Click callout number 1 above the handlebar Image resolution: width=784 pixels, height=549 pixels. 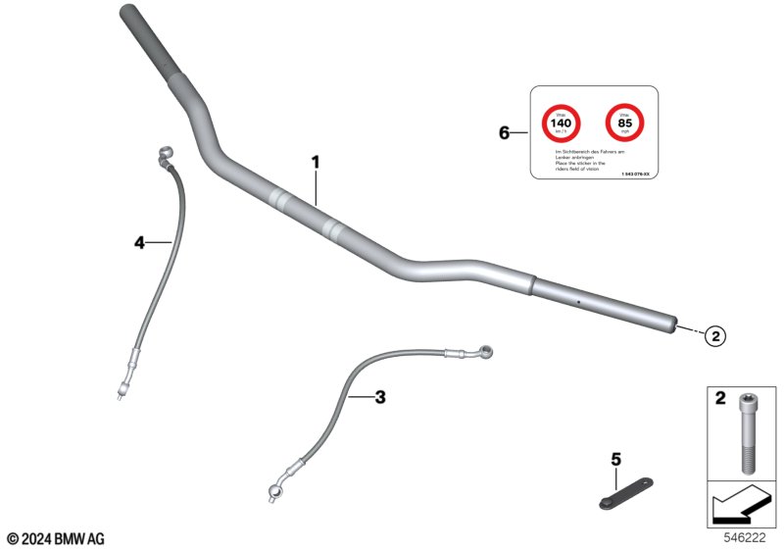316,162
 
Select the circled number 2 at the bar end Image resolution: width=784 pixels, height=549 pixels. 715,335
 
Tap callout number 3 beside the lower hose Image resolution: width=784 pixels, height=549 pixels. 380,397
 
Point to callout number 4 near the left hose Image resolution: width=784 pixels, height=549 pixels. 139,242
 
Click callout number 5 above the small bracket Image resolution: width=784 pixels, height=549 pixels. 615,459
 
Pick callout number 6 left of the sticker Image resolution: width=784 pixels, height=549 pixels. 505,132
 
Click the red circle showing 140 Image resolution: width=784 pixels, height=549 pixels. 562,125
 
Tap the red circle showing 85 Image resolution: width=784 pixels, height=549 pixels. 624,125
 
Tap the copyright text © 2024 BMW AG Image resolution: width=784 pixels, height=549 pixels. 55,538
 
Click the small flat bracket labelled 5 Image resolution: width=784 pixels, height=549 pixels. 622,493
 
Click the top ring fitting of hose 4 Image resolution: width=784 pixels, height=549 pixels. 164,153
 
